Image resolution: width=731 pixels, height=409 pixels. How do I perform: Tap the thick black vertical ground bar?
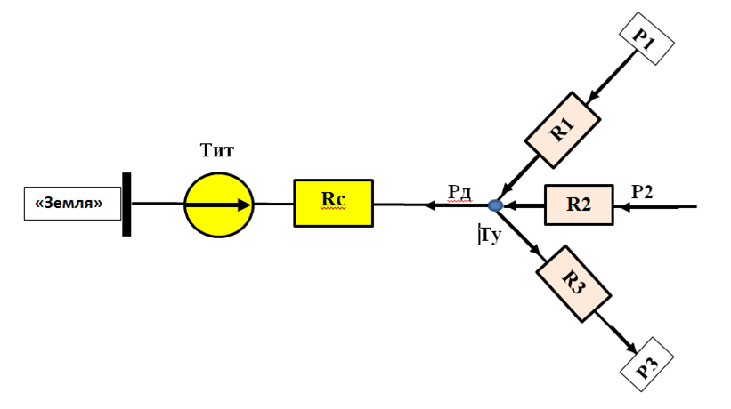tap(127, 204)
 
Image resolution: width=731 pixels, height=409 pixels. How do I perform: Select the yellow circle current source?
tap(219, 204)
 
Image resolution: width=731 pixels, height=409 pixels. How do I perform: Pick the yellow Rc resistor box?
tap(333, 203)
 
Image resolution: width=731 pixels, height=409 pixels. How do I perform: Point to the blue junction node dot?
tap(496, 205)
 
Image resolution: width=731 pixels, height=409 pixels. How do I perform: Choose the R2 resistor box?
tap(579, 205)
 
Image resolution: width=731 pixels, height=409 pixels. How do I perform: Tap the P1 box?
tap(646, 36)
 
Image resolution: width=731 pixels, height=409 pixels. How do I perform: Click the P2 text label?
tap(643, 191)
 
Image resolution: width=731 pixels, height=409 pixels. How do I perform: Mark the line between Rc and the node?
tap(432, 205)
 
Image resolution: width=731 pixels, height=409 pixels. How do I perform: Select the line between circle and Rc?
tap(273, 204)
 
